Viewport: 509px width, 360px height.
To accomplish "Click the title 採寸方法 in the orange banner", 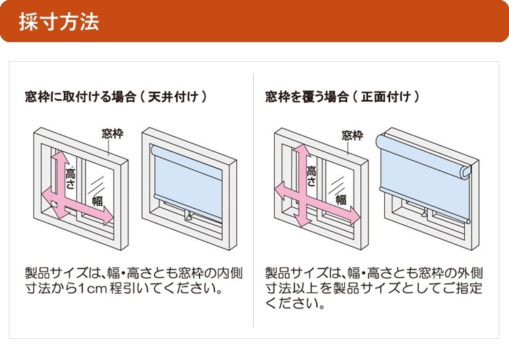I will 58,22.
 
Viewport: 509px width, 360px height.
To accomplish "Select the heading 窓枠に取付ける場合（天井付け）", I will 115,97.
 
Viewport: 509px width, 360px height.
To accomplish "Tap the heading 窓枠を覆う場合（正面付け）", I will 342,97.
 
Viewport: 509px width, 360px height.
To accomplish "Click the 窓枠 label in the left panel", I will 112,133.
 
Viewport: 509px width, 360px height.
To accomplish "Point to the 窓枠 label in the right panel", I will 352,135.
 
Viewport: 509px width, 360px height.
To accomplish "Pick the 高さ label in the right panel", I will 312,176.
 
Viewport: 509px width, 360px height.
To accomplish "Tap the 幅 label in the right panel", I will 340,200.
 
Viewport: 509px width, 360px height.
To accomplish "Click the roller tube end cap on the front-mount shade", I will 465,173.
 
